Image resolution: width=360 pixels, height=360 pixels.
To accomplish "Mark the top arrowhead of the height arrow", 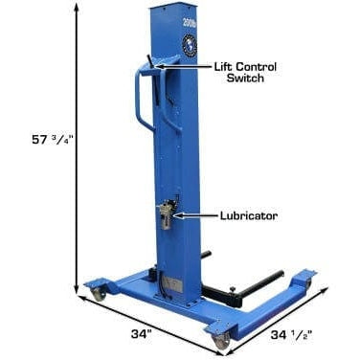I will coord(75,10).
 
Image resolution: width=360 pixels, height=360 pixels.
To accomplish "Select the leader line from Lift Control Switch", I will coord(182,70).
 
